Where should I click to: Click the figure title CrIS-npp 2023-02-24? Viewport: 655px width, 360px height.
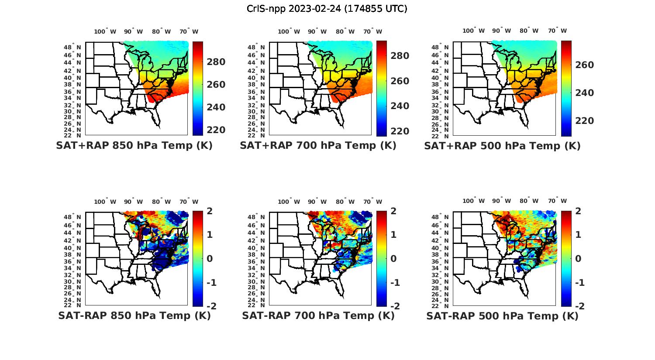(327, 9)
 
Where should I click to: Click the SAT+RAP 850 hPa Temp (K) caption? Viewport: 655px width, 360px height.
(134, 146)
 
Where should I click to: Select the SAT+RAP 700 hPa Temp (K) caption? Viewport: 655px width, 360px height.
(318, 146)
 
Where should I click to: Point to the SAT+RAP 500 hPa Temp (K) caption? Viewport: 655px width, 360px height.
(502, 146)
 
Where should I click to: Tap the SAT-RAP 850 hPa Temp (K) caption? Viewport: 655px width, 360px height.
(134, 315)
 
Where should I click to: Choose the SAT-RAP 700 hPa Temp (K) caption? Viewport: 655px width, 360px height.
(318, 315)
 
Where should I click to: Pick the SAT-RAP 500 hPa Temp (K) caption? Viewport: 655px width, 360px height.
(502, 315)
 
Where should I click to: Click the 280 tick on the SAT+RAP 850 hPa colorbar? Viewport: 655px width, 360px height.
(216, 62)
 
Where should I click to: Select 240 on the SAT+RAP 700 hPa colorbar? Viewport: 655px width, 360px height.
(400, 106)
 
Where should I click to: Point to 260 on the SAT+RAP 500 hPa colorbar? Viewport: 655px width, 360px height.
(585, 65)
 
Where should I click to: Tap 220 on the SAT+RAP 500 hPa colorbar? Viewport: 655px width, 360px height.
(585, 121)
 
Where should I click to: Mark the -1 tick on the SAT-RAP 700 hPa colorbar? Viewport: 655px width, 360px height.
(395, 283)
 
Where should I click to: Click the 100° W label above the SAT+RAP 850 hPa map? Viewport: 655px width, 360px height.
(105, 31)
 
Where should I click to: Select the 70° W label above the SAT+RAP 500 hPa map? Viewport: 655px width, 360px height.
(557, 31)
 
